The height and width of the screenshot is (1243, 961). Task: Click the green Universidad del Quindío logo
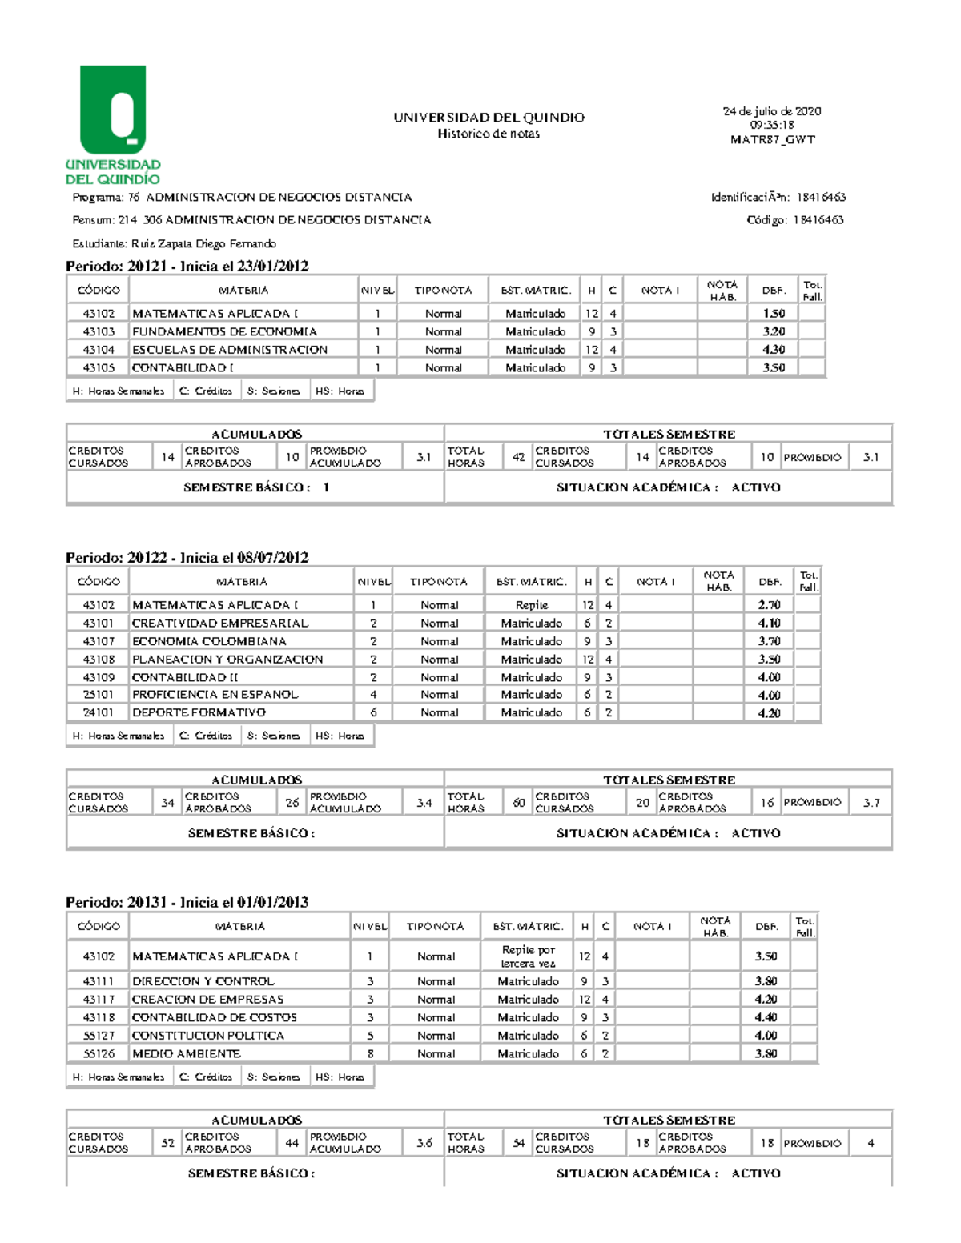[113, 125]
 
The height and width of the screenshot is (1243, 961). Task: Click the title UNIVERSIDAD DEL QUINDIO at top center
[489, 118]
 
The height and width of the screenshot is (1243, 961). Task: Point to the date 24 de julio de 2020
[772, 111]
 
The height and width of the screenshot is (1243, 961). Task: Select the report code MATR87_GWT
[772, 139]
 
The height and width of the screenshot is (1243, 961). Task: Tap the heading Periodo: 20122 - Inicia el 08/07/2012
[187, 557]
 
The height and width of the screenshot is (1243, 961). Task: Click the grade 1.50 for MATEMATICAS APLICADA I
[773, 314]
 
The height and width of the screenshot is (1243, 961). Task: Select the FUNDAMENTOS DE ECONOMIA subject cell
[224, 331]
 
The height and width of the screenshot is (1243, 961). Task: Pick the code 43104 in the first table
[99, 350]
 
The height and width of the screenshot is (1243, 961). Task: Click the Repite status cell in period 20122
[532, 605]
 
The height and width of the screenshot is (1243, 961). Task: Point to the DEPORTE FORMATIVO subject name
[199, 712]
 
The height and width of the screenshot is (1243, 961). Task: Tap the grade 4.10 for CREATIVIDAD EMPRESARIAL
[769, 623]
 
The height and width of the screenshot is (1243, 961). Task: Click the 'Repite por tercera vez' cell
[528, 956]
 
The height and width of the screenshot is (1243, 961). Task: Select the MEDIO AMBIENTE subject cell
[186, 1053]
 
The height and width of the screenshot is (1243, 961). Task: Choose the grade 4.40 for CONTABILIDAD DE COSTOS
[766, 1017]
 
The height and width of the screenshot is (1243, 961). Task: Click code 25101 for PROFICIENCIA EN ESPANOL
[99, 695]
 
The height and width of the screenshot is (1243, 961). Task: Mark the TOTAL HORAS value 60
[519, 802]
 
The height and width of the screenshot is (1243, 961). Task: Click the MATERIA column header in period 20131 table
[239, 926]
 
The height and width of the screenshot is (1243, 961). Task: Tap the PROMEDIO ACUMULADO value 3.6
[424, 1143]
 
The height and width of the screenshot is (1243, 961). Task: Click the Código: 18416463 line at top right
[794, 219]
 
